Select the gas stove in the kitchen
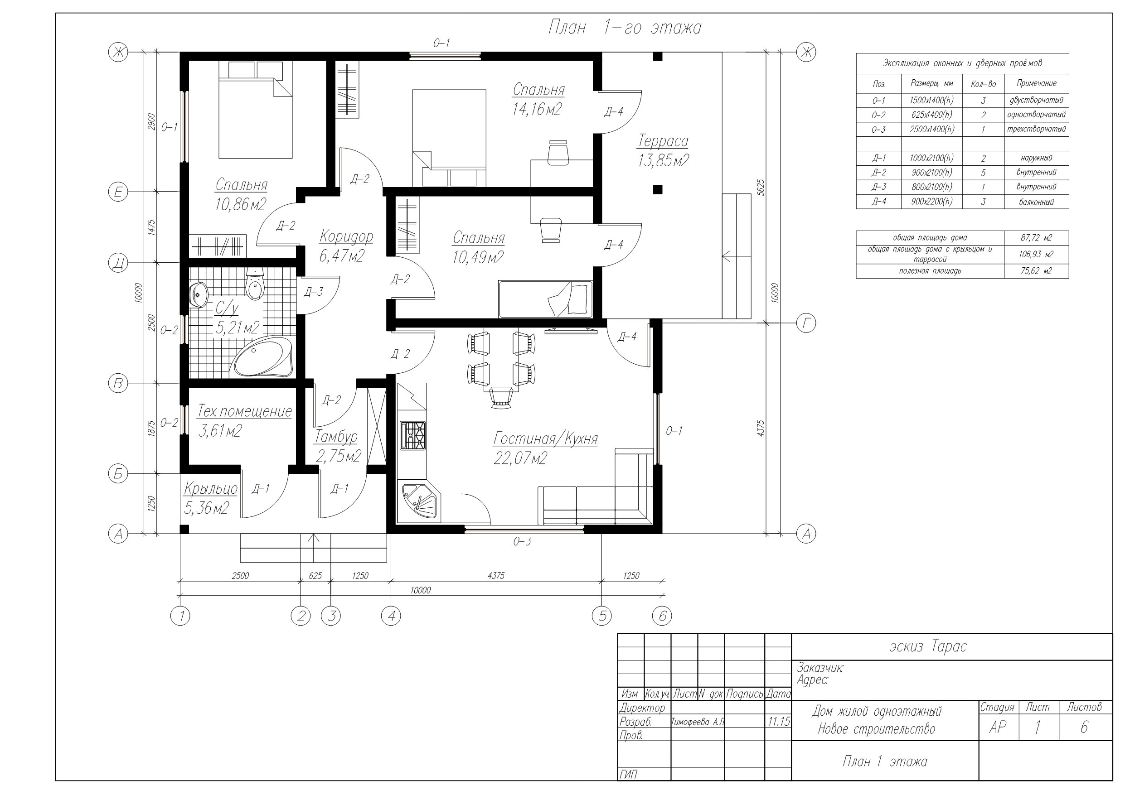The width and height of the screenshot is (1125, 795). (413, 435)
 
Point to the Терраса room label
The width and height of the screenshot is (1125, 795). (663, 141)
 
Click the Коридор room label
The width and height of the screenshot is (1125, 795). (346, 236)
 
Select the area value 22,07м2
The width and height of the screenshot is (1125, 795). (520, 458)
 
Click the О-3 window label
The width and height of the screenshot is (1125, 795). (522, 542)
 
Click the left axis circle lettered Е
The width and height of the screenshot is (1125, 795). (117, 192)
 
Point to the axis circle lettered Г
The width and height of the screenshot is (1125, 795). (806, 323)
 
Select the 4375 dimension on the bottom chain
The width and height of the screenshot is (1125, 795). (496, 576)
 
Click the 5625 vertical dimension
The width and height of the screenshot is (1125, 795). (761, 188)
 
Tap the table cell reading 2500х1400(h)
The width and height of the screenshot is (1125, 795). (931, 129)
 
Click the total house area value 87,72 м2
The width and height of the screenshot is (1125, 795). (1036, 238)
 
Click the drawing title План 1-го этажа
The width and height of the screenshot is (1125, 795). (625, 28)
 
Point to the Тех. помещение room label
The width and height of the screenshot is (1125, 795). (244, 411)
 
